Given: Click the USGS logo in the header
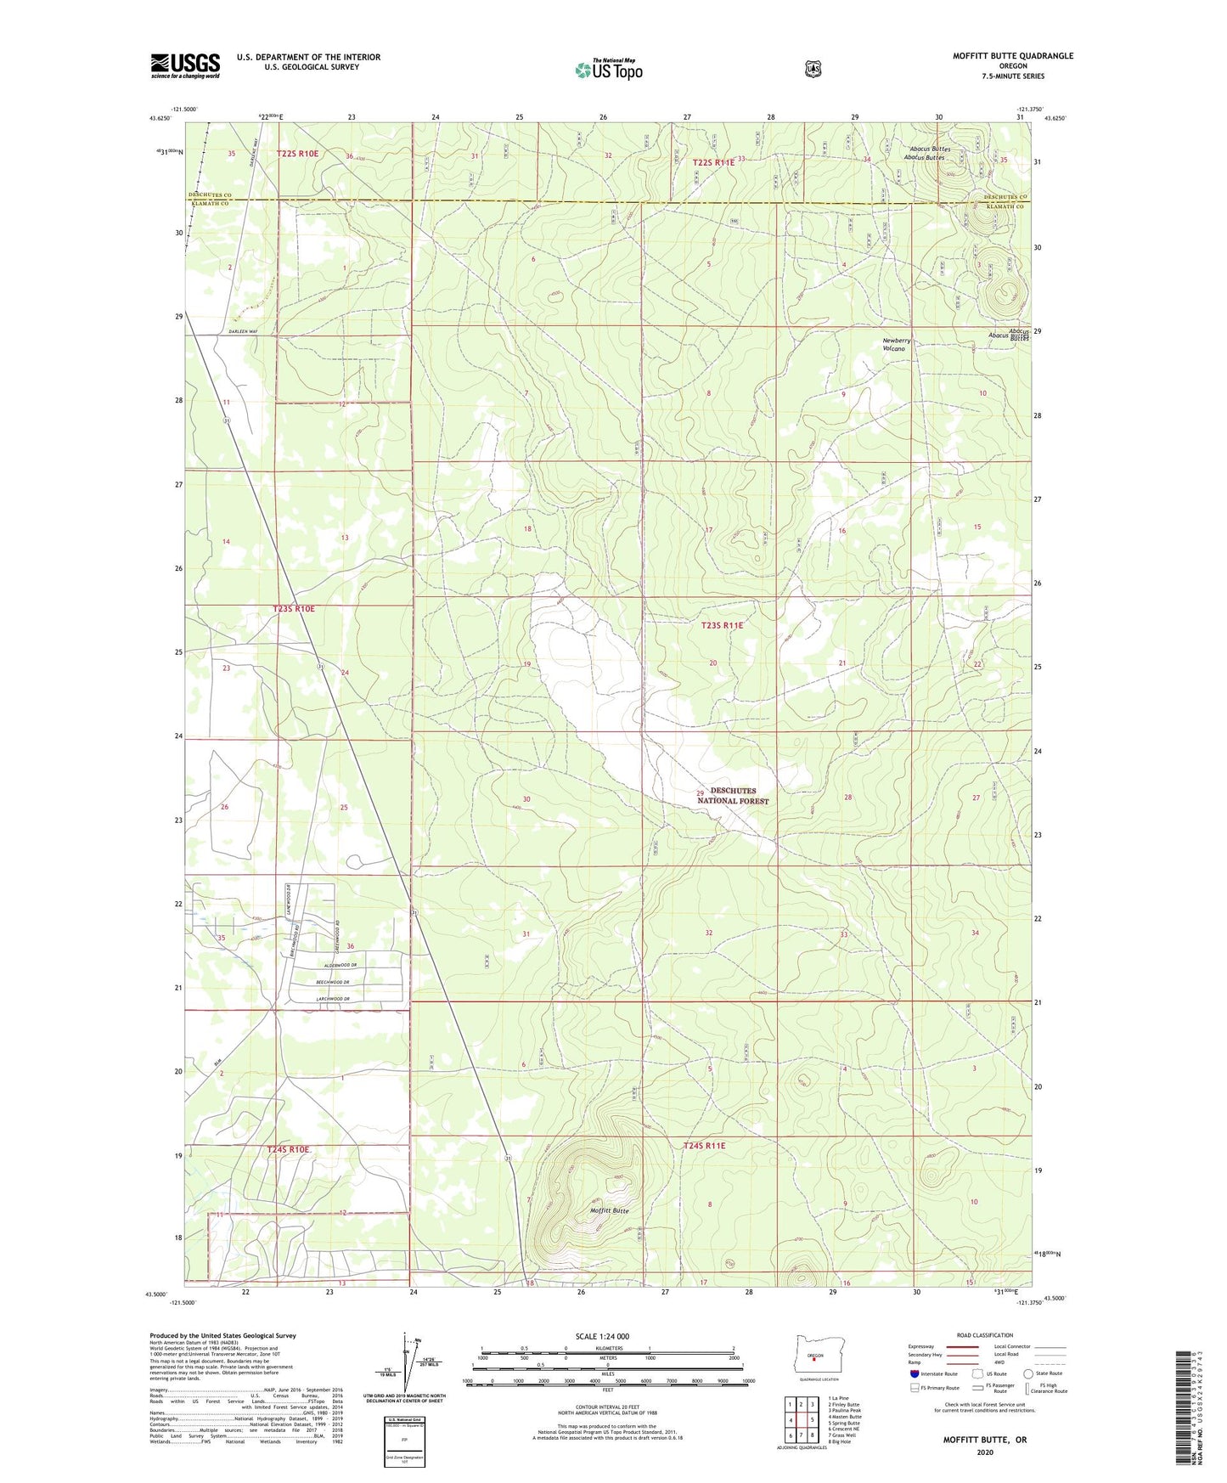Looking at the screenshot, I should pyautogui.click(x=185, y=65).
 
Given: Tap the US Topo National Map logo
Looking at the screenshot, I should pyautogui.click(x=608, y=70).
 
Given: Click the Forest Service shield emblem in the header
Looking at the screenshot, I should pyautogui.click(x=813, y=69).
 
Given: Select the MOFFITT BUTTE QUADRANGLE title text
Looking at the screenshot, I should pyautogui.click(x=1012, y=56).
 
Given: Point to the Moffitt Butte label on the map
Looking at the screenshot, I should pyautogui.click(x=610, y=1210).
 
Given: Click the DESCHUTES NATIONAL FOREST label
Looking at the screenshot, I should pyautogui.click(x=739, y=796).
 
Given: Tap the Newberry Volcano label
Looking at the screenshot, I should pyautogui.click(x=896, y=345).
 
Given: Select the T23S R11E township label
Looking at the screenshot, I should pyautogui.click(x=722, y=625).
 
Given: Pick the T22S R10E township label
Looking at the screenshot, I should pyautogui.click(x=297, y=154).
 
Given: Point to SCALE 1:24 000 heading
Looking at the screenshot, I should pyautogui.click(x=602, y=1337).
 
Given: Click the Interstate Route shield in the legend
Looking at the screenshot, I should pyautogui.click(x=914, y=1373).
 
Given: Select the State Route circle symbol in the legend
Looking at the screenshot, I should pyautogui.click(x=1028, y=1373).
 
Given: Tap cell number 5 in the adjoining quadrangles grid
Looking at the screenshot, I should pyautogui.click(x=813, y=1419).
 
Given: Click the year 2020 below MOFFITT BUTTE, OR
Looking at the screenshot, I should pyautogui.click(x=984, y=1452).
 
